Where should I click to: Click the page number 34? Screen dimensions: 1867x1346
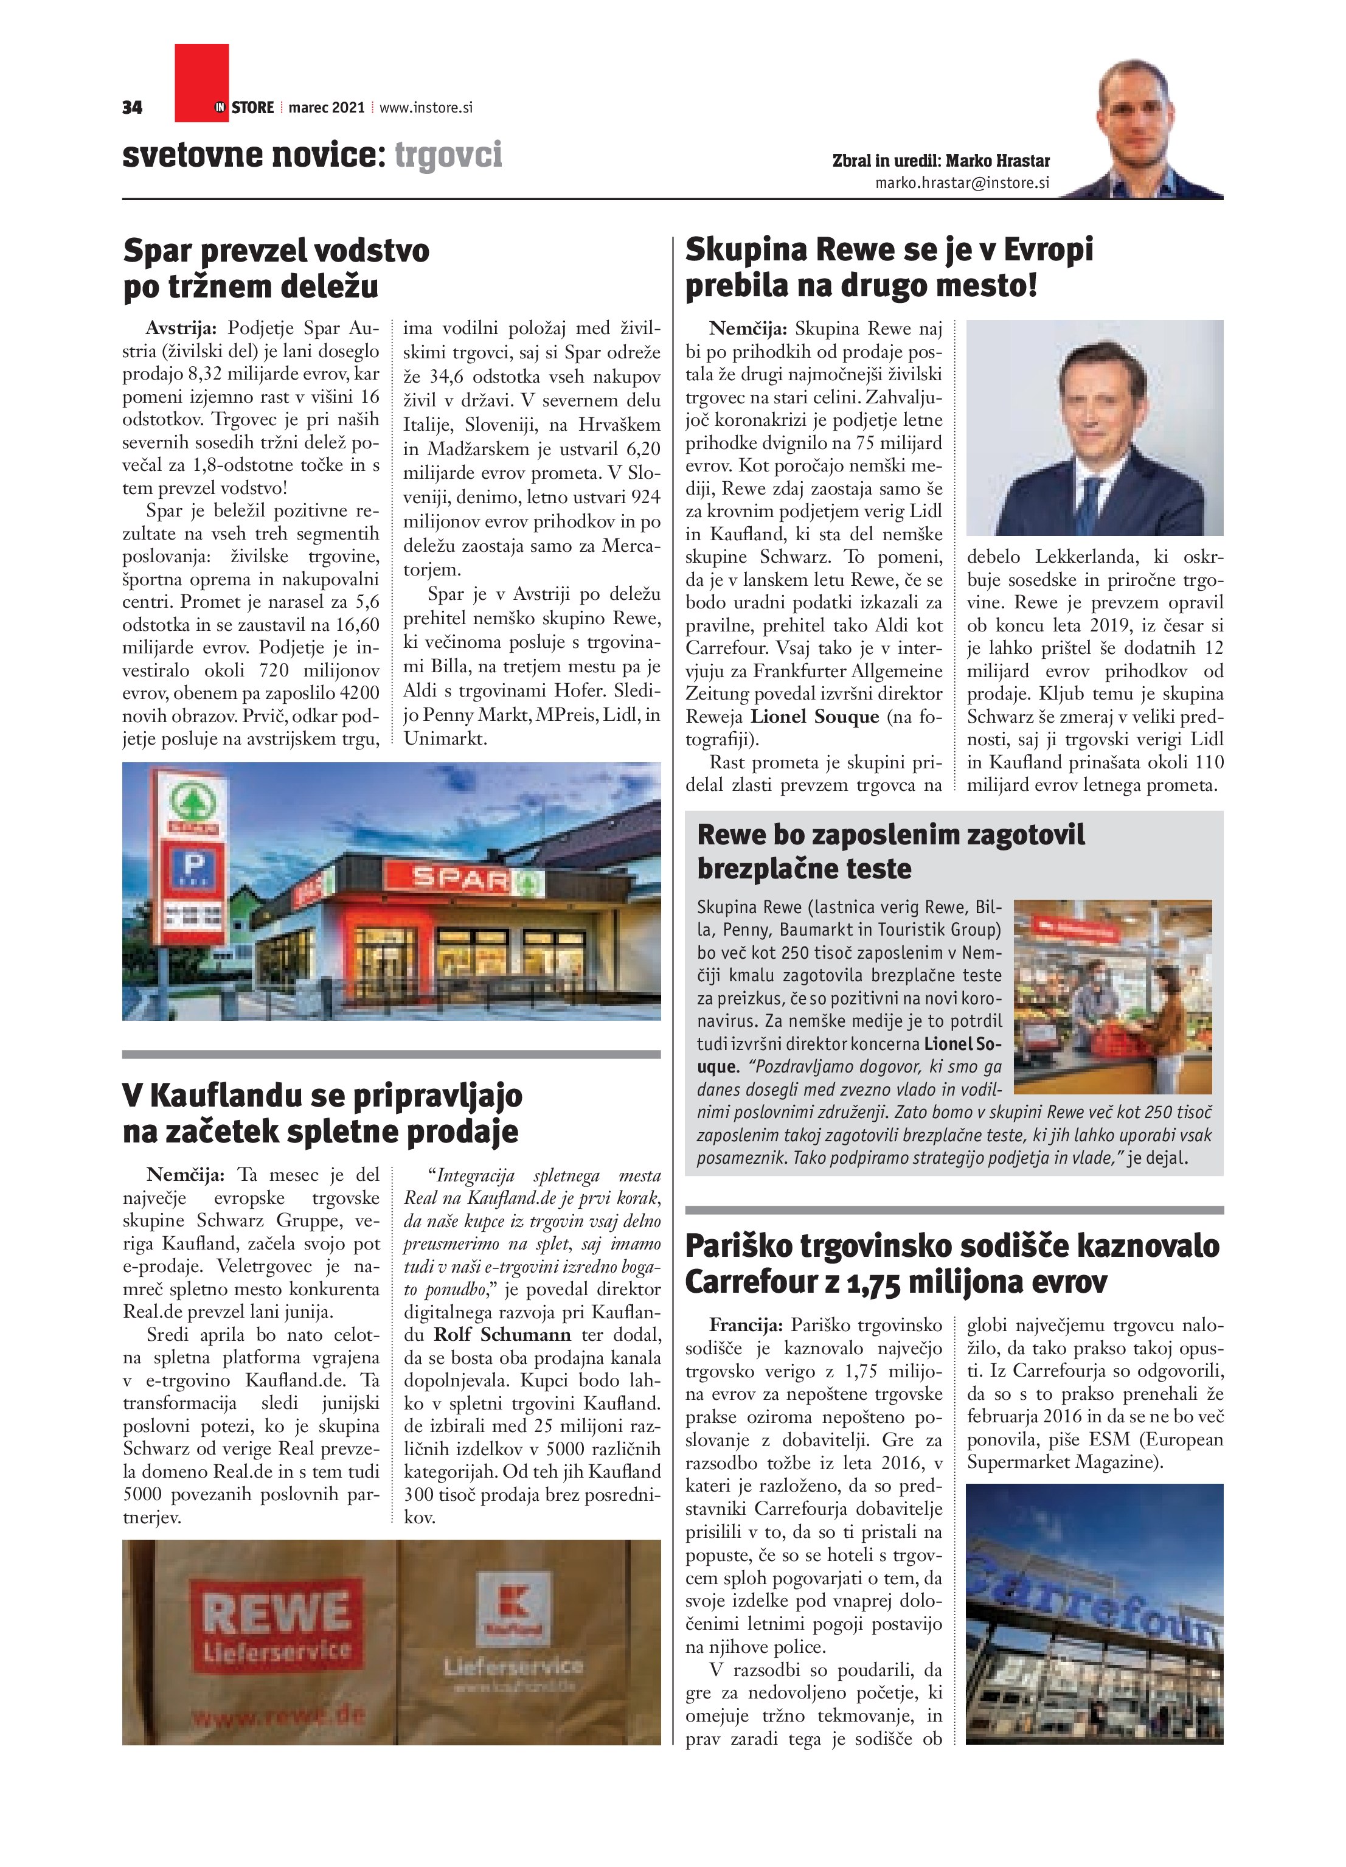pos(132,108)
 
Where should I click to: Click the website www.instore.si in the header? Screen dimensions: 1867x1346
pos(426,108)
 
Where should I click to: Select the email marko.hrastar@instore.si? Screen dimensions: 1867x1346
pos(962,183)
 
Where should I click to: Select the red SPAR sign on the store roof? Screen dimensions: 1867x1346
pos(461,878)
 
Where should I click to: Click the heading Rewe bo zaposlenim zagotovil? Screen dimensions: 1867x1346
pos(891,835)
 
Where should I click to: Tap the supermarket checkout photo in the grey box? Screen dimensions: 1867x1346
pos(1112,997)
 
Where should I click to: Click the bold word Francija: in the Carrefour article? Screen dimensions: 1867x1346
pos(745,1326)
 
